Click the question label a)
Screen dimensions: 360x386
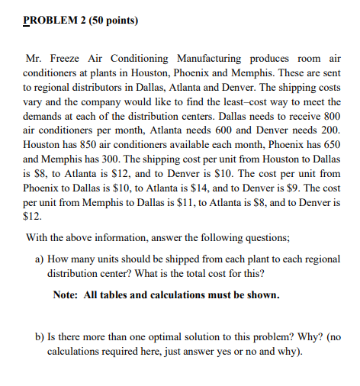pyautogui.click(x=41, y=259)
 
